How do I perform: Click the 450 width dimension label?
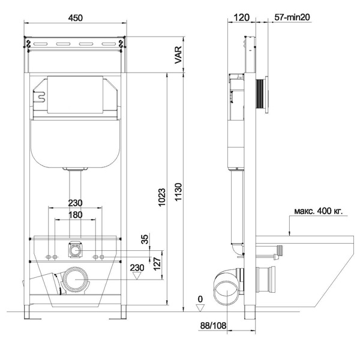click(x=76, y=17)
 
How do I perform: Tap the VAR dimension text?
click(x=178, y=55)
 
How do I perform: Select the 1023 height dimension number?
click(x=162, y=197)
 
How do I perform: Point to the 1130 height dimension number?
click(x=178, y=192)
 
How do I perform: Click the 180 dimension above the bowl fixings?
click(x=76, y=215)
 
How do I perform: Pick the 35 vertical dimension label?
click(x=145, y=239)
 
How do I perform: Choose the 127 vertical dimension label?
click(x=157, y=264)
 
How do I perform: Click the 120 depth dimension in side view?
click(x=241, y=17)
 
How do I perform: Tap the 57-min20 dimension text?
click(x=292, y=17)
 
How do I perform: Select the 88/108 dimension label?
click(x=213, y=325)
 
